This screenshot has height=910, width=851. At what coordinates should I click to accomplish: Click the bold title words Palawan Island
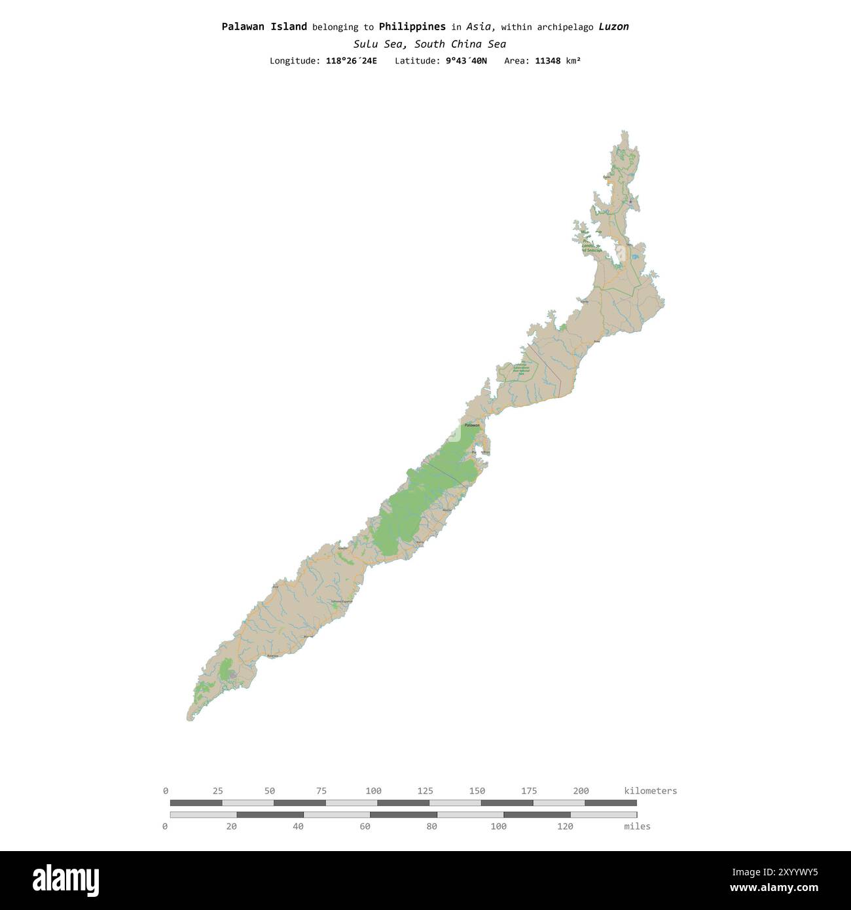tap(264, 27)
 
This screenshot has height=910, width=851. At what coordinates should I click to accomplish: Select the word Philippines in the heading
tap(412, 27)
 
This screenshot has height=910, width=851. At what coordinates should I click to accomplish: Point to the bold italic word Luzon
tap(613, 27)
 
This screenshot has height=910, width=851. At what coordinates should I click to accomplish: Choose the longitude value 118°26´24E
tap(351, 61)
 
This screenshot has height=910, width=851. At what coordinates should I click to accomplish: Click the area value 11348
tap(547, 61)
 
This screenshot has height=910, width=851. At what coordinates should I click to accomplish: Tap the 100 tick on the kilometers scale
tap(373, 791)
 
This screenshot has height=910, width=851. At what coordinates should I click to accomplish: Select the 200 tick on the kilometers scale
tap(581, 791)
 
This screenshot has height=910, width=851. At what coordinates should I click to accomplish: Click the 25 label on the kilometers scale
tap(217, 791)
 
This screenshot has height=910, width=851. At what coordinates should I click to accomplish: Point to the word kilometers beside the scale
tap(650, 791)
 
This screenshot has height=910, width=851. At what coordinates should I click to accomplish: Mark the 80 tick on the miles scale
tap(431, 826)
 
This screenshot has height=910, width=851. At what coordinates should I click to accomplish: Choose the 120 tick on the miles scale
tap(565, 826)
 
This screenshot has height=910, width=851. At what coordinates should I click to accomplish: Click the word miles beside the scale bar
tap(637, 826)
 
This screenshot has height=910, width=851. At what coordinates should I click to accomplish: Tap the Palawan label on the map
tap(471, 426)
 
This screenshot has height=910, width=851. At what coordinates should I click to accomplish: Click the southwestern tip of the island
tap(189, 719)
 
